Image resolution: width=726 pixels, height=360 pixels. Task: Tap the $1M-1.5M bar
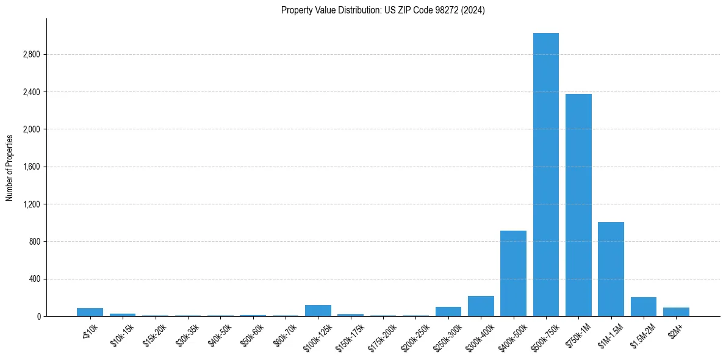coord(611,269)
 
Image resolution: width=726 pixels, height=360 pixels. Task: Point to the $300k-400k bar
coord(481,306)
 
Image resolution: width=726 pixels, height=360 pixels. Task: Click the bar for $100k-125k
coord(318,311)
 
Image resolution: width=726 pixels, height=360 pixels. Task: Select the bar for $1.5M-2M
coord(644,307)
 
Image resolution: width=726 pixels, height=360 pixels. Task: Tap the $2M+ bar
coord(676,312)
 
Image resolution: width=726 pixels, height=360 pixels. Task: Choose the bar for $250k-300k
coord(448,311)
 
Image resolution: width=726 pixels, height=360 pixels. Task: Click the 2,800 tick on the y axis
coord(31,55)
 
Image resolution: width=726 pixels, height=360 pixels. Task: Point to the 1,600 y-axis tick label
coord(31,167)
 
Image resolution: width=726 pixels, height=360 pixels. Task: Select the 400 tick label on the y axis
coord(34,279)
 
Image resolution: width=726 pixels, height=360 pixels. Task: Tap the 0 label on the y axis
coord(38,317)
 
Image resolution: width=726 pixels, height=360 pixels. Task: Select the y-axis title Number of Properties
coord(10,167)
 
